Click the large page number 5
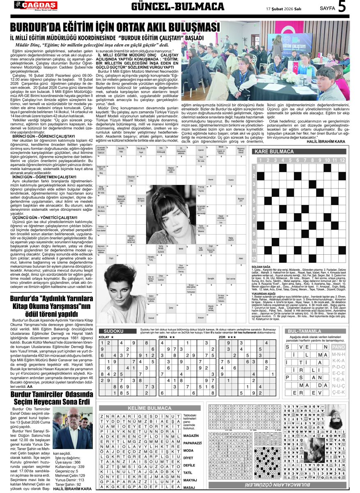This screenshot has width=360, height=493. pos(342,7)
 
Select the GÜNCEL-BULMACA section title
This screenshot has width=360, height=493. pos(177,7)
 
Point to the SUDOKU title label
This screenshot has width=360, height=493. pos(114,331)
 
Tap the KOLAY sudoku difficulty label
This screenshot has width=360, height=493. pos(106,337)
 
